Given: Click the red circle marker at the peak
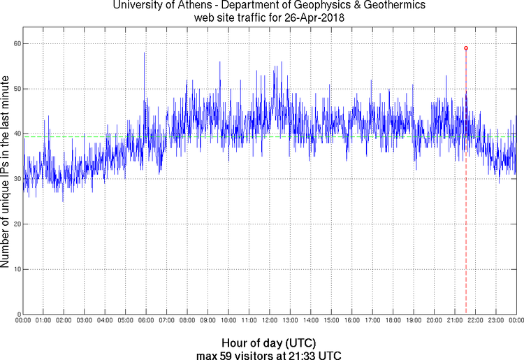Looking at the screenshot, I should pyautogui.click(x=466, y=48).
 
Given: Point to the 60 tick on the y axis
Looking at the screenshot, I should pyautogui.click(x=15, y=43).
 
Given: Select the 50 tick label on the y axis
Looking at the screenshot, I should pyautogui.click(x=15, y=89).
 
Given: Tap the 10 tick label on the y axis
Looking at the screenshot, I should pyautogui.click(x=15, y=269).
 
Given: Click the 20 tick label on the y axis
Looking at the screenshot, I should pyautogui.click(x=15, y=224).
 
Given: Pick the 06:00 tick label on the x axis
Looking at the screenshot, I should pyautogui.click(x=145, y=320).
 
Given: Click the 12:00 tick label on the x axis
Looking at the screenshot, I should pyautogui.click(x=269, y=320).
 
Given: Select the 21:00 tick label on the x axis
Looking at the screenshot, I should pyautogui.click(x=454, y=320).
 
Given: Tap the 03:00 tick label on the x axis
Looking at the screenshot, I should pyautogui.click(x=84, y=320).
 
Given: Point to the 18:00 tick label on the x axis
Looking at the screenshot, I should pyautogui.click(x=393, y=320).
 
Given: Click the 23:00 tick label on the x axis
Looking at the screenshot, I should pyautogui.click(x=495, y=320).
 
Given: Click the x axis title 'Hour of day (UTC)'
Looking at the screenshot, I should pyautogui.click(x=269, y=343).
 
